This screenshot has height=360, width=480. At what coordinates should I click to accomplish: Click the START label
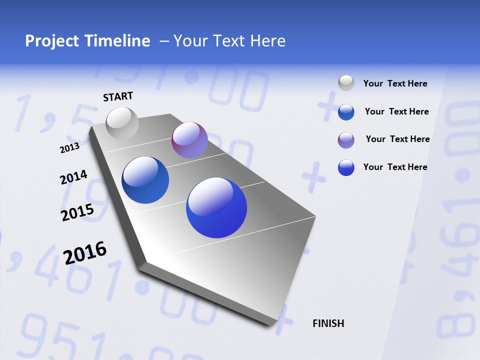[x=118, y=96]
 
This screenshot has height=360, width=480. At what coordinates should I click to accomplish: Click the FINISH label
[x=328, y=323]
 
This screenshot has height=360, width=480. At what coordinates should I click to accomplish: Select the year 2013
[x=69, y=147]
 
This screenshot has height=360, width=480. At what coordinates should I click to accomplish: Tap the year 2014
[x=73, y=177]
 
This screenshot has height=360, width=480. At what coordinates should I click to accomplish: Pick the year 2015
[x=77, y=212]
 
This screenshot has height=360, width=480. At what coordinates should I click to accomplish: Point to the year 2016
[x=85, y=252]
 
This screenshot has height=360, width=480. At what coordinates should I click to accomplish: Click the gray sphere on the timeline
[x=122, y=123]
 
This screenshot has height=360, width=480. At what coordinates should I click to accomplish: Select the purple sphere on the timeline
[x=189, y=140]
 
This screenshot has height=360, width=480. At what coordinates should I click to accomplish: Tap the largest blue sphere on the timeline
[x=216, y=207]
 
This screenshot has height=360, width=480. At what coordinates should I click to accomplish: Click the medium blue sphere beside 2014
[x=145, y=180]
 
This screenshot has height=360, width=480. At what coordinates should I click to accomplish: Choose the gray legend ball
[x=346, y=83]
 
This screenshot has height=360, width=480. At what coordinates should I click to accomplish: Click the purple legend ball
[x=346, y=140]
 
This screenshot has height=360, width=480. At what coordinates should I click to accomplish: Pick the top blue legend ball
[x=346, y=112]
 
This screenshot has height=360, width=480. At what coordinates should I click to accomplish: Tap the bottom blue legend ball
[x=346, y=167]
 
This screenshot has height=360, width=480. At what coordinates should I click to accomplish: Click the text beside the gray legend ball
[x=395, y=83]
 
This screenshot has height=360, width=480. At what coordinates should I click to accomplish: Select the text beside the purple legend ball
[x=397, y=139]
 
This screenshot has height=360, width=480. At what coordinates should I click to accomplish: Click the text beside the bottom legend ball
[x=395, y=167]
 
